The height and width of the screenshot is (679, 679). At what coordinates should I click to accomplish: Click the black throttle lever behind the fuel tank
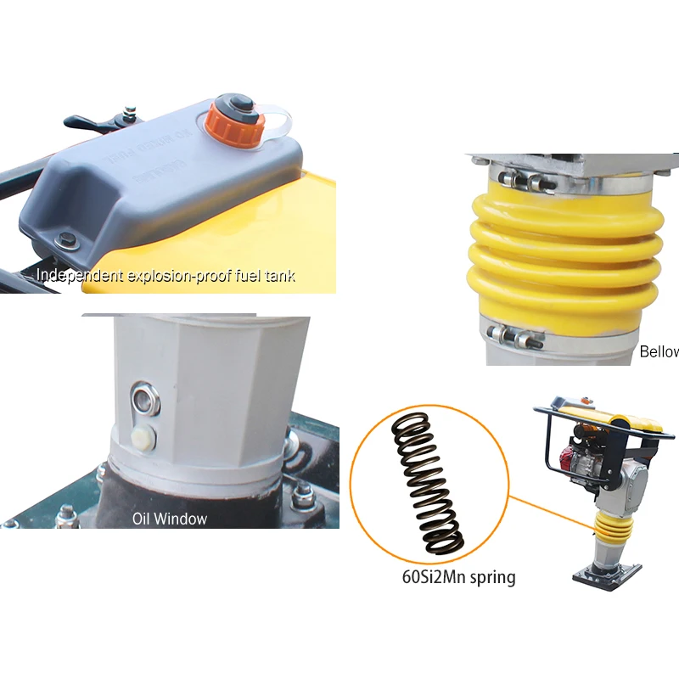(89, 122)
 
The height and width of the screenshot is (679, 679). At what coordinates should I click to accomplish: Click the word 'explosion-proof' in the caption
(175, 276)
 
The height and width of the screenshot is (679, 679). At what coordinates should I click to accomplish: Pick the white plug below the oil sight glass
(143, 439)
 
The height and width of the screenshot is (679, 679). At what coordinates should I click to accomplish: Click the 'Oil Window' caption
(169, 518)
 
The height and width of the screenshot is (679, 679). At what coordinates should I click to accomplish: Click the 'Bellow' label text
(659, 351)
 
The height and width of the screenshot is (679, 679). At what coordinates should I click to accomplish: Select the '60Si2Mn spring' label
(458, 578)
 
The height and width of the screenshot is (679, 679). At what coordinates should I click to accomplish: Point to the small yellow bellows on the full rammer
(614, 531)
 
